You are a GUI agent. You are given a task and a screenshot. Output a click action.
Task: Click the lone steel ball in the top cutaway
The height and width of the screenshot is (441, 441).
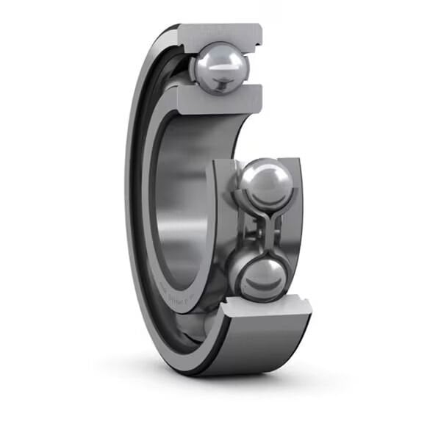point(221,68)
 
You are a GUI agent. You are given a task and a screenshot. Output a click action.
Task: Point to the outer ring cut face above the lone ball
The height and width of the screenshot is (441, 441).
point(219,33)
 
